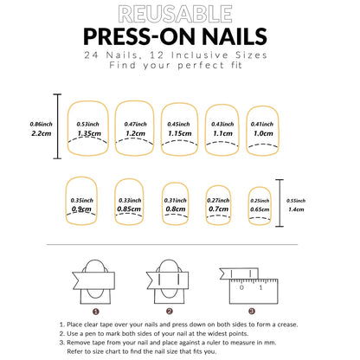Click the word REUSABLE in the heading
coord(180,14)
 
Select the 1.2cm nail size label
coord(135,134)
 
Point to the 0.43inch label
coord(222,124)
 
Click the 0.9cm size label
coord(82,209)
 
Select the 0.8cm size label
coord(175,209)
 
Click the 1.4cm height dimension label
coord(295,209)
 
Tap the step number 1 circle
coord(96,310)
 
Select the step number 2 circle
coord(169,310)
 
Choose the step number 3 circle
coord(251,310)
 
